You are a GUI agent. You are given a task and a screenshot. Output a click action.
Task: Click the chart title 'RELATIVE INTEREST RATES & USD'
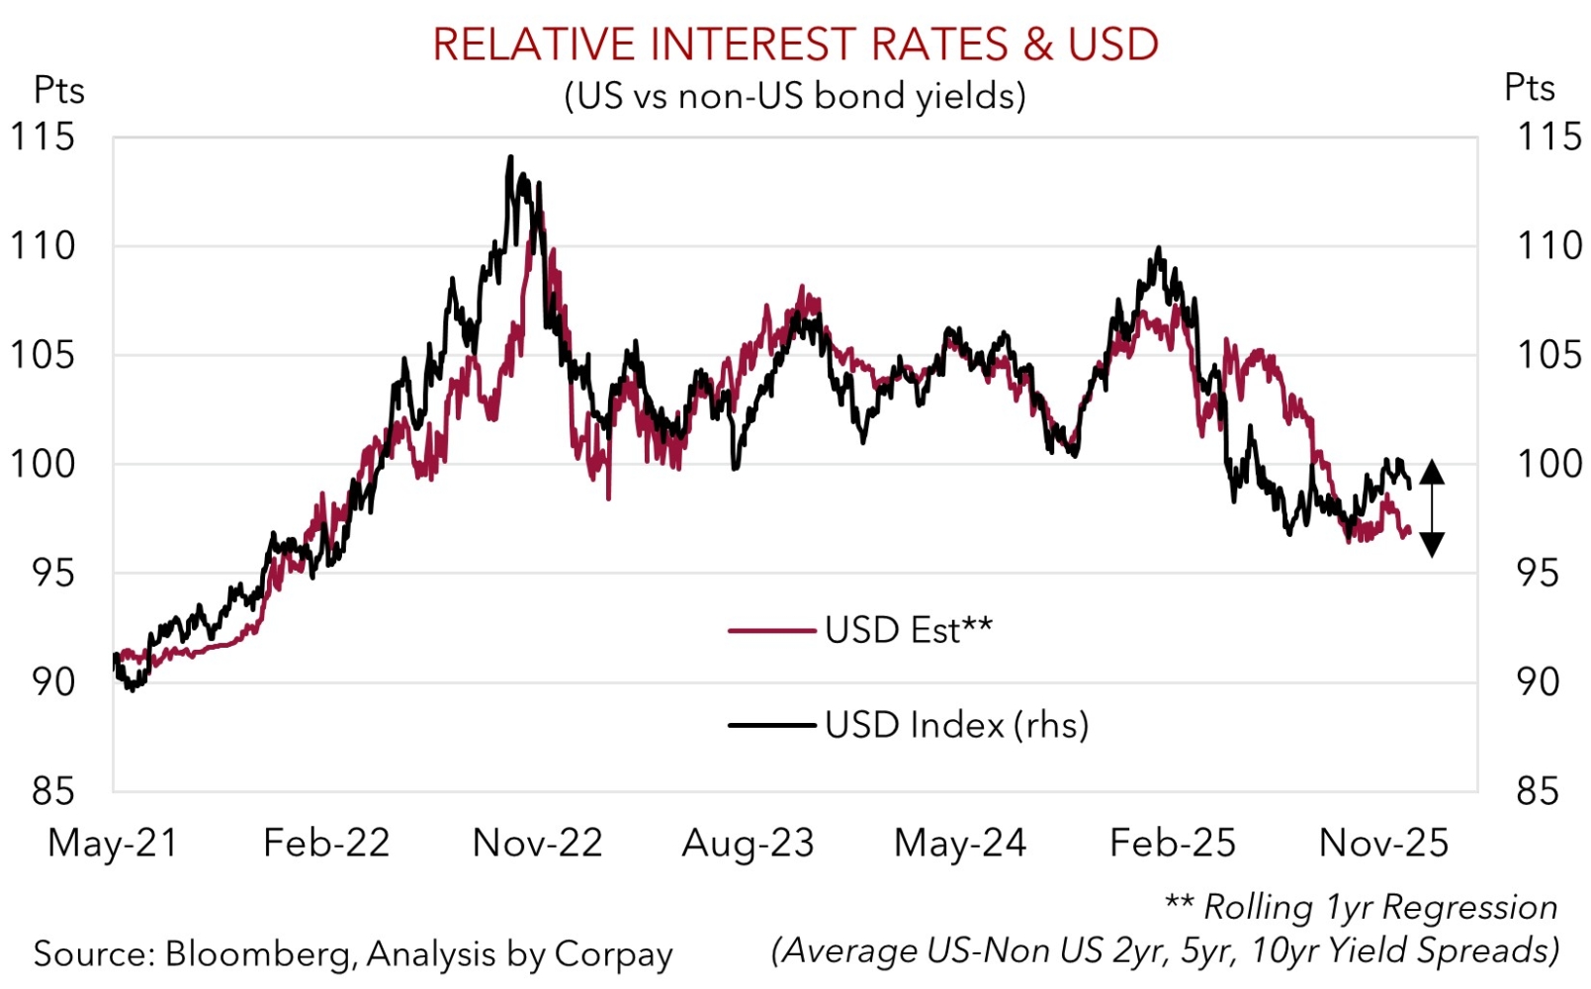[795, 45]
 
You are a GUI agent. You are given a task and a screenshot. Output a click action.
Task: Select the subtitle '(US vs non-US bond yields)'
[795, 96]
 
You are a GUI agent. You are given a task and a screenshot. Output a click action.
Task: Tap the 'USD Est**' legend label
[908, 630]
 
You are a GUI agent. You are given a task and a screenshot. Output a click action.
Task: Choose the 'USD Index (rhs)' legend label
[956, 725]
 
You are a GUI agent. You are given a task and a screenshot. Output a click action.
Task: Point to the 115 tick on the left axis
[42, 136]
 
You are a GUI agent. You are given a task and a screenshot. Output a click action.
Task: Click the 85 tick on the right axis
[1539, 791]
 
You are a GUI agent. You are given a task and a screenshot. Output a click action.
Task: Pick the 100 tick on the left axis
[42, 464]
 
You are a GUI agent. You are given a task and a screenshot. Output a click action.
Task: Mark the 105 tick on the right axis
[1548, 354]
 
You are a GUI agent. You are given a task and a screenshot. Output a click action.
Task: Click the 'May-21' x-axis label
[113, 843]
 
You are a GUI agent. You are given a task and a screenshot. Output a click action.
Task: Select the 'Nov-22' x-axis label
[537, 843]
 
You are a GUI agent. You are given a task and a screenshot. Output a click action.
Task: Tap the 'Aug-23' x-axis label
[748, 843]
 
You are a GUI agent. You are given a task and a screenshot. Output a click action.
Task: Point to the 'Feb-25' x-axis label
[1172, 843]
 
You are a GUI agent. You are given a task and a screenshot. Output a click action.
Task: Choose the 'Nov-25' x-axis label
[1383, 843]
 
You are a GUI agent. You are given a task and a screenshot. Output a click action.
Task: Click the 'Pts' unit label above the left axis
[59, 90]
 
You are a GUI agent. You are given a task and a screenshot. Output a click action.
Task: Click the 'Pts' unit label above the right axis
[1529, 88]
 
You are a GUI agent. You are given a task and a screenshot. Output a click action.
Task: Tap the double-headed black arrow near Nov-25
[1432, 508]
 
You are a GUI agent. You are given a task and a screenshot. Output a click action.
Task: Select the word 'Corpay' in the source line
[613, 953]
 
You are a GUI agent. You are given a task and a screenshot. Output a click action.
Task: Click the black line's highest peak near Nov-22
[510, 157]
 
